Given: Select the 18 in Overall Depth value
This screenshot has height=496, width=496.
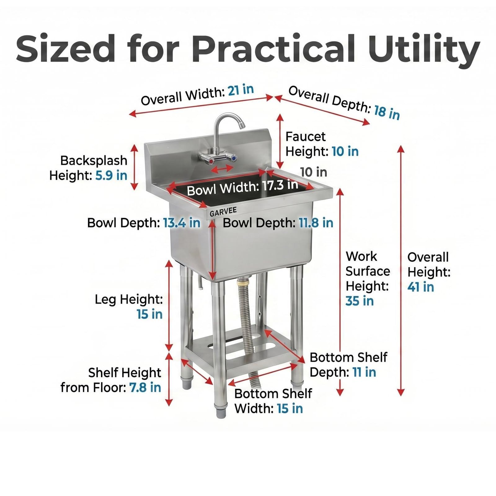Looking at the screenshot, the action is (x=387, y=112).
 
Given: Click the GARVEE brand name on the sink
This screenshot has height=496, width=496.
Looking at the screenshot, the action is (x=223, y=212).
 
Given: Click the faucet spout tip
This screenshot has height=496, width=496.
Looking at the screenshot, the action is (x=241, y=125).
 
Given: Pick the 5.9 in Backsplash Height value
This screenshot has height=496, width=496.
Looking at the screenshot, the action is (x=111, y=175).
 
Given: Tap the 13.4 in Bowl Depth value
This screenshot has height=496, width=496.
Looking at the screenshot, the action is (x=182, y=223).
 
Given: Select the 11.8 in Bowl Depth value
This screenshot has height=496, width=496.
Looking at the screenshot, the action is (x=316, y=223).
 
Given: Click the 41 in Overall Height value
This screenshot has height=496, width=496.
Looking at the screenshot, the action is (x=421, y=287).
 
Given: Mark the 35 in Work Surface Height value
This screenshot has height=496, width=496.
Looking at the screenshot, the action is (x=360, y=301).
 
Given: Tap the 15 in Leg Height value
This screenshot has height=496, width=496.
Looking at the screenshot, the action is (x=150, y=314).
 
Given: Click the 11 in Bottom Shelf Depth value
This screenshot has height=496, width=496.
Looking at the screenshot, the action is (x=364, y=372).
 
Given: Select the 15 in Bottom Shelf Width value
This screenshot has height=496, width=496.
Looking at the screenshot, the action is (x=290, y=408).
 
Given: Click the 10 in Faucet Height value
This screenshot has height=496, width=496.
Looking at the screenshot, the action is (x=345, y=151).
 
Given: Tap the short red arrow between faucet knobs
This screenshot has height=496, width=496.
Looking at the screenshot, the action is (x=222, y=169).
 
